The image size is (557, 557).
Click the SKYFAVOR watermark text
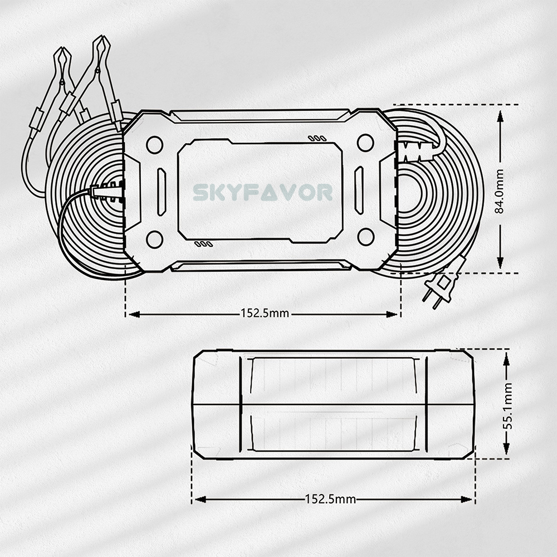click(x=263, y=192)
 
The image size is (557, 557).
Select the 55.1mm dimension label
click(x=507, y=404)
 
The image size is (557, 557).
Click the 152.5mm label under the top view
click(x=265, y=313)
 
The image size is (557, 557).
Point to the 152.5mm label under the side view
click(x=330, y=499)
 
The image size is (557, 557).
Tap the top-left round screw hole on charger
click(x=154, y=144)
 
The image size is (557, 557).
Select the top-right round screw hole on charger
click(x=365, y=143)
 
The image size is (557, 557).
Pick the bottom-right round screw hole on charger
click(x=365, y=237)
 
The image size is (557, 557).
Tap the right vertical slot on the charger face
click(x=359, y=190)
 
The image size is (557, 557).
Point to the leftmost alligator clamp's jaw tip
click(x=62, y=51)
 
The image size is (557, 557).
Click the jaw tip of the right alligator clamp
click(x=100, y=40)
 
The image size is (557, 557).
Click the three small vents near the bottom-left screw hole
click(x=203, y=243)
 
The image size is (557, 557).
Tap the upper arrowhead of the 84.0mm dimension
click(x=500, y=115)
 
